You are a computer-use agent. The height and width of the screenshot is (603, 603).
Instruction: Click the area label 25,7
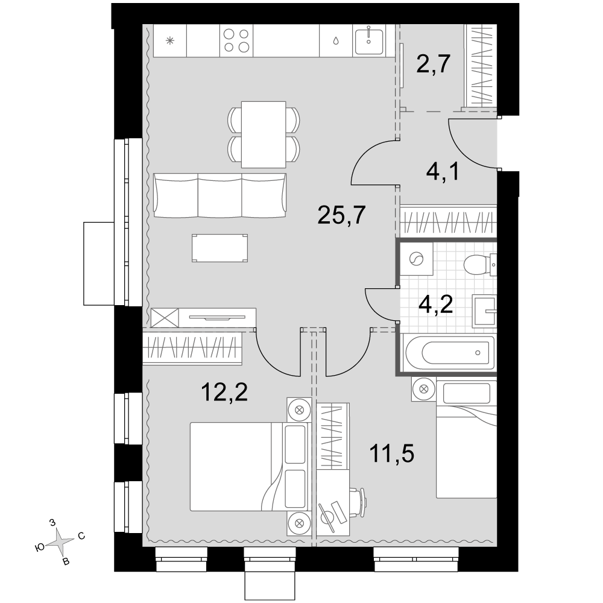click(x=341, y=215)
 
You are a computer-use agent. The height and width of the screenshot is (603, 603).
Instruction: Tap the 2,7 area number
click(x=434, y=64)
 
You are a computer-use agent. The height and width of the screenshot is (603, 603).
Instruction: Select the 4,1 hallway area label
click(x=443, y=171)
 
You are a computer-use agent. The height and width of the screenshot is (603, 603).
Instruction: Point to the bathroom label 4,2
click(x=436, y=305)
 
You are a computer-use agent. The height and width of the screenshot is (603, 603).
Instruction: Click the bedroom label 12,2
click(x=224, y=393)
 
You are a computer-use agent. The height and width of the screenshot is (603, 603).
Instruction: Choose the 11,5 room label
click(x=391, y=453)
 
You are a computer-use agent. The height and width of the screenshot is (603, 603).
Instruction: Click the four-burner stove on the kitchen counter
click(x=236, y=41)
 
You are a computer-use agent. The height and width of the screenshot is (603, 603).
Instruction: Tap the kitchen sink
click(x=368, y=41)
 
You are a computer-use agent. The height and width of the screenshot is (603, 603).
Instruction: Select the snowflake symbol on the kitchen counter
click(x=169, y=40)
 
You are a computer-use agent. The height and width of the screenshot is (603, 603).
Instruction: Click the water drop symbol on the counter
click(x=336, y=41)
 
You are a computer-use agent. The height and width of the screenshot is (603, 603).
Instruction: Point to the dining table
click(x=264, y=134)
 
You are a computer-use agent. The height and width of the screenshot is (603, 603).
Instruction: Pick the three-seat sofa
click(x=220, y=195)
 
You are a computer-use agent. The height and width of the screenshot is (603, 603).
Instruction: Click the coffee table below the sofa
click(x=219, y=248)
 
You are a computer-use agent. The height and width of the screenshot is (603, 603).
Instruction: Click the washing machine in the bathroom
click(x=417, y=259)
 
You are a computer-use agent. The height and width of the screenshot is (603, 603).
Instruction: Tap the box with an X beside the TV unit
click(x=165, y=318)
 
